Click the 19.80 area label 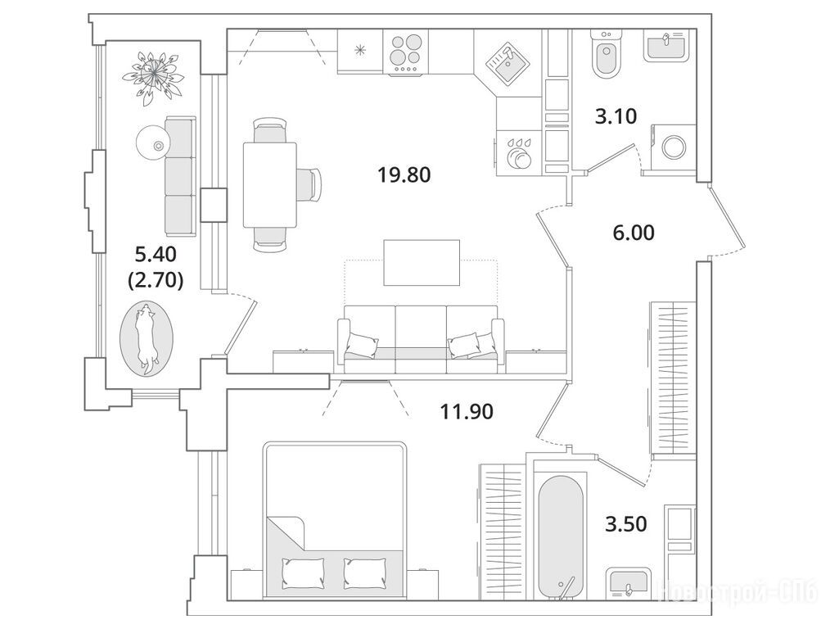(404, 174)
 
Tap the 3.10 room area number (616, 116)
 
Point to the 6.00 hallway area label (633, 233)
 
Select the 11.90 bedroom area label (467, 411)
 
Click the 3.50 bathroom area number (625, 523)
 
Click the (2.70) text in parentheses (156, 280)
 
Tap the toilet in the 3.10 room (606, 56)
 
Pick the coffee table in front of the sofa (422, 262)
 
